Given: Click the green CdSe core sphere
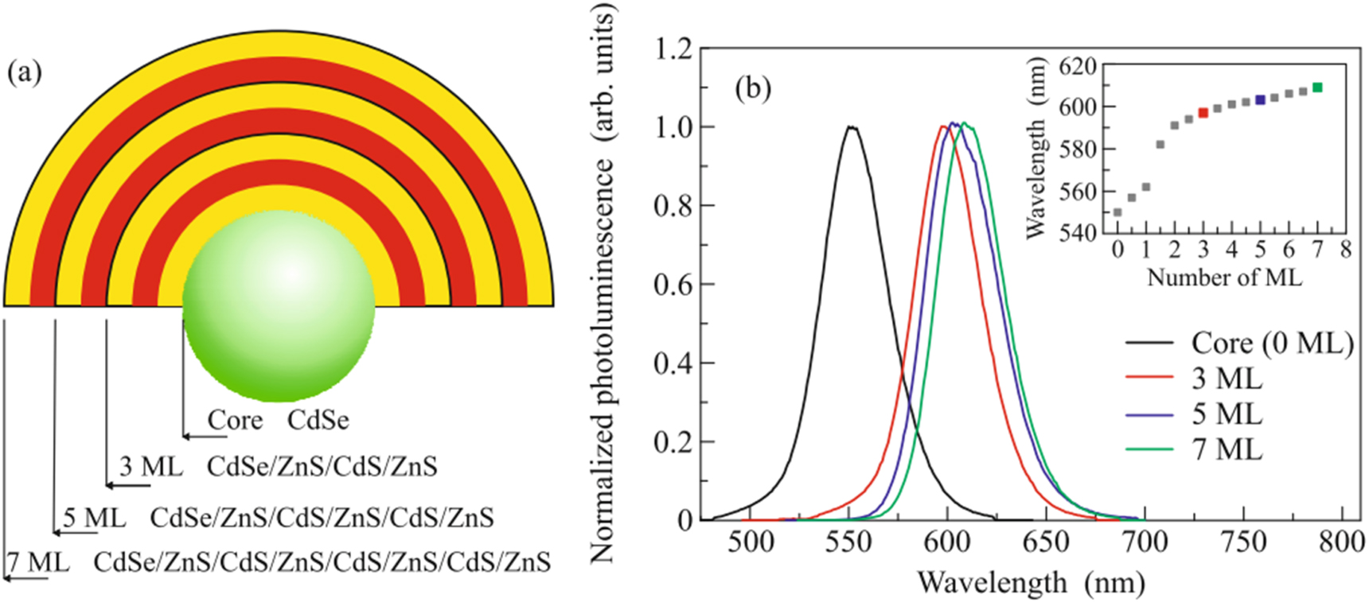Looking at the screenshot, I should tap(279, 305).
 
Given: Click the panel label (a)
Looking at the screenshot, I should tap(24, 73).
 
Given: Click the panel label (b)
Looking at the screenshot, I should tap(753, 88).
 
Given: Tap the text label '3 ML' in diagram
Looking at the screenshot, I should tap(150, 466).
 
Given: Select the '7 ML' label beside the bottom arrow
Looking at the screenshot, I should tap(38, 562).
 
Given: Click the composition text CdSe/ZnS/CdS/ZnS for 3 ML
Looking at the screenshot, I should tap(322, 466).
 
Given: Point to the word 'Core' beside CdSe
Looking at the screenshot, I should tap(235, 420).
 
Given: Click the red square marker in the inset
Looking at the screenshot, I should tap(1203, 113).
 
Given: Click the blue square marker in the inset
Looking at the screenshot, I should tap(1260, 100).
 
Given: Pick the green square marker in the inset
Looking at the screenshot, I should tap(1317, 87).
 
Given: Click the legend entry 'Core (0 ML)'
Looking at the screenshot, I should tap(1272, 343).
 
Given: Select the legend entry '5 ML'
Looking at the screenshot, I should tap(1227, 414).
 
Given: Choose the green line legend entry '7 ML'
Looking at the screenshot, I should tap(1227, 450).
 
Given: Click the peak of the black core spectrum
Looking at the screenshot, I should tap(851, 127).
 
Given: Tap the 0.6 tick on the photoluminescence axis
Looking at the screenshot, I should tap(673, 284).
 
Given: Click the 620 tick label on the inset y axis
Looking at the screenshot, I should tap(1078, 65).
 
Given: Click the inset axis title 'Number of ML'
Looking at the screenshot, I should tap(1224, 277).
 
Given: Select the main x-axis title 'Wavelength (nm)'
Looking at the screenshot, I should tap(1031, 582).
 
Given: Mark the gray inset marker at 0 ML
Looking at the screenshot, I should tap(1117, 212).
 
